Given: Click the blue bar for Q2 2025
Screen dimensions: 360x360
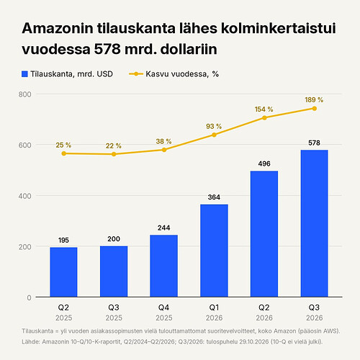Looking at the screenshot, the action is (63, 272).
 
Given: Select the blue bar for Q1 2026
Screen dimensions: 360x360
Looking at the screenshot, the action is (214, 251).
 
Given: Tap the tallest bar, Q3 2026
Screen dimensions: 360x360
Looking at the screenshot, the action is (315, 223).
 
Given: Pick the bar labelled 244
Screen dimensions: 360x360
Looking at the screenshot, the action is (164, 266).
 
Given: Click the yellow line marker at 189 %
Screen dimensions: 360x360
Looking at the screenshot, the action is (315, 109).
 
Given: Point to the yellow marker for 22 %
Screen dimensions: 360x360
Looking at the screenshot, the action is (114, 154).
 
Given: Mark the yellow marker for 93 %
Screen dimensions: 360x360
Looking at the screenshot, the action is (214, 135).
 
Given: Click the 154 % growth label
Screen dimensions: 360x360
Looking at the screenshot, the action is (264, 109).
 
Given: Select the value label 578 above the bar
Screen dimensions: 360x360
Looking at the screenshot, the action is (314, 143).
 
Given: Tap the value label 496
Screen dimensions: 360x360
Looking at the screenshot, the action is (264, 163).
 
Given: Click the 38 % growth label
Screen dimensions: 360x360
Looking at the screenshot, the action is (163, 142).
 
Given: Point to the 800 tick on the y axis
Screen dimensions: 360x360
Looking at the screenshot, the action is (25, 94).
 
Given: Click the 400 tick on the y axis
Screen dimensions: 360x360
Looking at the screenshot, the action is (25, 196).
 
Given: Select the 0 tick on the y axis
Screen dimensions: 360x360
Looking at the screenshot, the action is (29, 298).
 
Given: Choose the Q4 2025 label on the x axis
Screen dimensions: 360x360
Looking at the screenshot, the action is (164, 312).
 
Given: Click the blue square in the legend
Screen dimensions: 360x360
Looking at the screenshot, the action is (24, 74).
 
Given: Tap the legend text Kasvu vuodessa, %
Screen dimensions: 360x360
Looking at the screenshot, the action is (182, 74).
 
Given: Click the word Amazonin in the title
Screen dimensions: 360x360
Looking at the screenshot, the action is (58, 28).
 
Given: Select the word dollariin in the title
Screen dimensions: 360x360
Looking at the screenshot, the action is (189, 49).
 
